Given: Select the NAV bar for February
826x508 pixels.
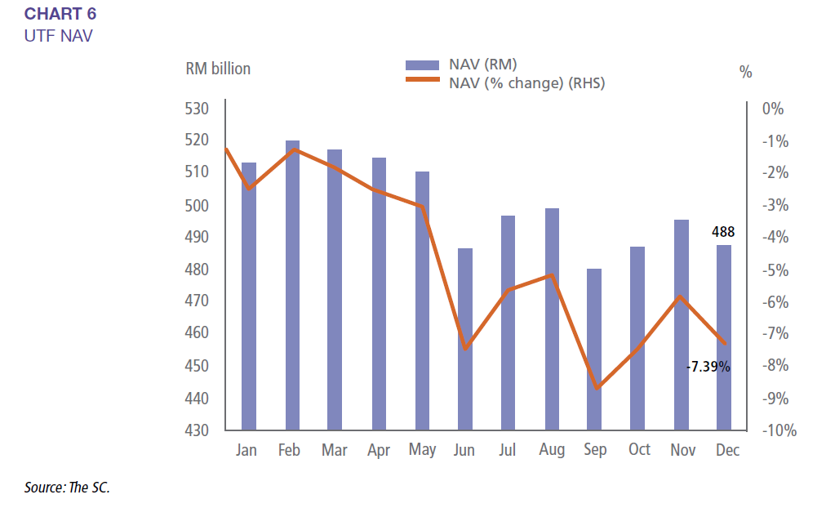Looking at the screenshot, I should (x=291, y=286).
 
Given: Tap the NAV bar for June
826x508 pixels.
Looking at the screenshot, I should (x=464, y=339).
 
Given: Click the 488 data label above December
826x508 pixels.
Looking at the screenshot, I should (x=723, y=232).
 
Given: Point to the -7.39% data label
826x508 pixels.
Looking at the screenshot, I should (x=708, y=367).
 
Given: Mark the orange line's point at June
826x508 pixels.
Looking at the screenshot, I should (x=465, y=349).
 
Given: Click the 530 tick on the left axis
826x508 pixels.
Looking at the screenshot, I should (x=197, y=109).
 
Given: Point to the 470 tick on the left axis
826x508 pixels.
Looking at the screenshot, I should (x=197, y=301).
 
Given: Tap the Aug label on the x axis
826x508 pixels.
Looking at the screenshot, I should (x=551, y=450).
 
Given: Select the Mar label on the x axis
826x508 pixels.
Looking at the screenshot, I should (x=334, y=450).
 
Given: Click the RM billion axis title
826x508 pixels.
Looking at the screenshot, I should (x=218, y=69).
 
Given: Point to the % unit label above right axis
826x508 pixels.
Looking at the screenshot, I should (x=745, y=72).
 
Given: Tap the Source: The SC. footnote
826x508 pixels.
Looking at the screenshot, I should (x=67, y=488).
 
